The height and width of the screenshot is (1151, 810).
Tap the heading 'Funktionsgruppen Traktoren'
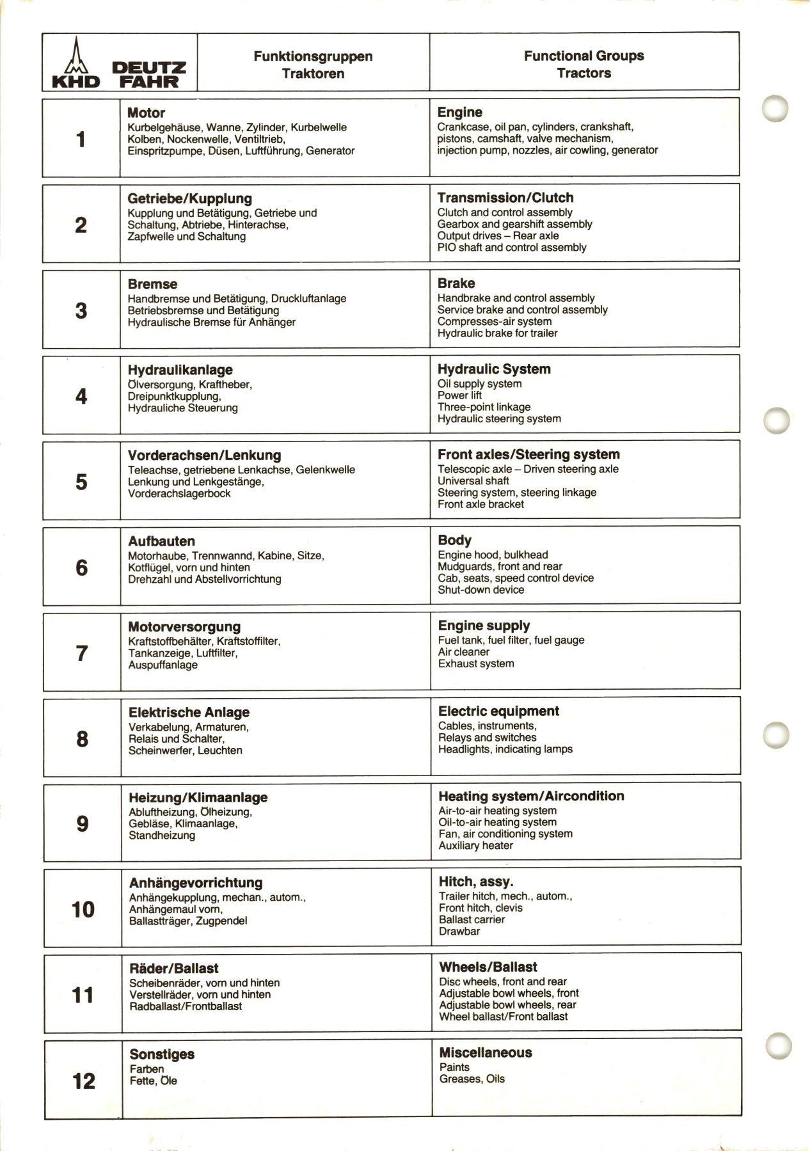(x=313, y=65)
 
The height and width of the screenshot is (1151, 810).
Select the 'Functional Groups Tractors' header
(x=584, y=65)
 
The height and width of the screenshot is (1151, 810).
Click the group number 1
(x=81, y=139)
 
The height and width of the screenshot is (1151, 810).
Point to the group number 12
(x=84, y=1081)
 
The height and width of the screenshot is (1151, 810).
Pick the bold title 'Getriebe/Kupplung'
(x=189, y=198)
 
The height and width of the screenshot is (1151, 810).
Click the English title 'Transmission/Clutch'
(x=505, y=198)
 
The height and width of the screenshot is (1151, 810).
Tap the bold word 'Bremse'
(x=152, y=284)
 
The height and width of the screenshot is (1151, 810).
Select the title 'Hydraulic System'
(x=493, y=369)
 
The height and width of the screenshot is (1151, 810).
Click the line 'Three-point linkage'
(x=484, y=407)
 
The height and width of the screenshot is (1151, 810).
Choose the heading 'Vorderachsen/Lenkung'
(x=204, y=456)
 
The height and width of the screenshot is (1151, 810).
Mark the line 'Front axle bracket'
(x=480, y=504)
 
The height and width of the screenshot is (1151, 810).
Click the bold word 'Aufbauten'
(x=161, y=541)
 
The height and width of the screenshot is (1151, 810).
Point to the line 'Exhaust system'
(x=475, y=663)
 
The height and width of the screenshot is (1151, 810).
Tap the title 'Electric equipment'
(x=498, y=711)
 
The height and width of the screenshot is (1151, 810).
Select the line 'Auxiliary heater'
(x=475, y=845)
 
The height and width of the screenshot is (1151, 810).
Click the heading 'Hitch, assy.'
(x=475, y=882)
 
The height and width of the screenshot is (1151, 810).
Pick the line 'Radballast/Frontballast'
(x=186, y=1006)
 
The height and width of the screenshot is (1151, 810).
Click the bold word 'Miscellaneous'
(x=485, y=1052)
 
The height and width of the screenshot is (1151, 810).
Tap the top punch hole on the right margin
(x=775, y=109)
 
